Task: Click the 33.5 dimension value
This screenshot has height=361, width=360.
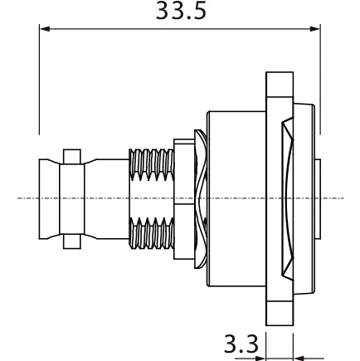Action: tap(181, 11)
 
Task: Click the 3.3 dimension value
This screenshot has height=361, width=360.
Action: tap(241, 344)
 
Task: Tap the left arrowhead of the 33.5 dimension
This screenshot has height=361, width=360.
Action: tap(45, 29)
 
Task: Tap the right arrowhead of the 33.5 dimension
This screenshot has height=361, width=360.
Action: tap(314, 29)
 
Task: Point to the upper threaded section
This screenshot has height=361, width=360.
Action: tap(152, 164)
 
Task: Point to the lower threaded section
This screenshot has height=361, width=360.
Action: tap(152, 232)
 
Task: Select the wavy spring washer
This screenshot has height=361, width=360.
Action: tap(201, 198)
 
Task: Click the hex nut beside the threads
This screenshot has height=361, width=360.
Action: tap(184, 199)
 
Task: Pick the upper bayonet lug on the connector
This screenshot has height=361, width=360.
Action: tap(72, 157)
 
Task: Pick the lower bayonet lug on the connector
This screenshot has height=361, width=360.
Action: tap(72, 241)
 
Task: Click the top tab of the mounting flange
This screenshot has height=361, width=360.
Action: tap(280, 85)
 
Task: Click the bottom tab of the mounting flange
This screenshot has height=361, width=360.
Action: tap(280, 314)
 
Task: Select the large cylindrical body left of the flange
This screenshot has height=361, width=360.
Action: tap(236, 198)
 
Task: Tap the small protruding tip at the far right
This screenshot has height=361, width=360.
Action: tap(318, 199)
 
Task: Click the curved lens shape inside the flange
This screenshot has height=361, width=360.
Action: tap(288, 198)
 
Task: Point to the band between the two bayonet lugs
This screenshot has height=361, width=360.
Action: tap(72, 199)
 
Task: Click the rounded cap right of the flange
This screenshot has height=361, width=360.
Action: tap(304, 198)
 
